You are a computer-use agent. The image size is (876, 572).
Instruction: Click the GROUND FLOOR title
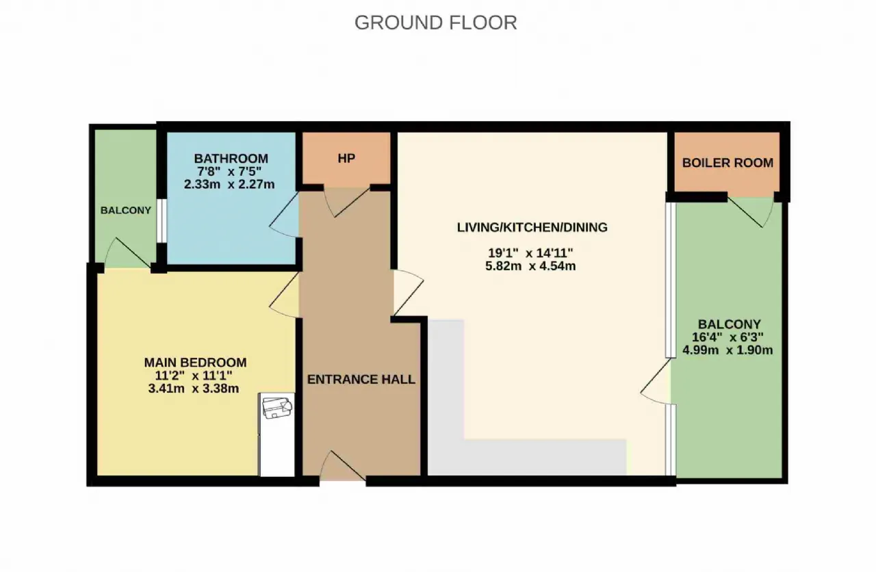coord(436,23)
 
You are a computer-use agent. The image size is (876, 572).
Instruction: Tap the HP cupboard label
coord(346,158)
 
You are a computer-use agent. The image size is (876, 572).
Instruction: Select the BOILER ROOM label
coord(727,163)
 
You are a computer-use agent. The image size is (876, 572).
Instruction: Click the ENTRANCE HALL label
coord(361,379)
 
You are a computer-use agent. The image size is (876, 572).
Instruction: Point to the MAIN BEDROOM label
coord(195,363)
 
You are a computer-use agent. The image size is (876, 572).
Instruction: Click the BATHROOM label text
coord(231,158)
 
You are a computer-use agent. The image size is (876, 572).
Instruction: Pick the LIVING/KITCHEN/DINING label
coord(532,227)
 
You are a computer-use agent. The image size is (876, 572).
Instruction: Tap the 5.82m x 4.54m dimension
coord(530,266)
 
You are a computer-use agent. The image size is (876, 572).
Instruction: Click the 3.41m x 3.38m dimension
coord(194,389)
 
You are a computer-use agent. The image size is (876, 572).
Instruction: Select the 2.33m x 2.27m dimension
coord(229,184)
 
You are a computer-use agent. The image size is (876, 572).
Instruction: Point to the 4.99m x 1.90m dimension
coord(727,350)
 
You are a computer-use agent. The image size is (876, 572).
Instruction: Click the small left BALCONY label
coord(125,210)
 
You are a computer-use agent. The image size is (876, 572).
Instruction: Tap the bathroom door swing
coord(284,215)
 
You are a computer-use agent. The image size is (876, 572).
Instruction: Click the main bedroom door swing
coord(284,295)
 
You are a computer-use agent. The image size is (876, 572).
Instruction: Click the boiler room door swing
coord(751,212)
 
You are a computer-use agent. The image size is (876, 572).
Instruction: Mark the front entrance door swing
coord(343,465)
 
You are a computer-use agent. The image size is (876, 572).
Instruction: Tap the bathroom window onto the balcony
coord(162,221)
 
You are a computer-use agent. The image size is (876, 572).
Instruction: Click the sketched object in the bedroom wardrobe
coord(277,408)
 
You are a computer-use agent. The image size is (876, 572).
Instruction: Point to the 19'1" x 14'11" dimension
coord(530,253)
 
